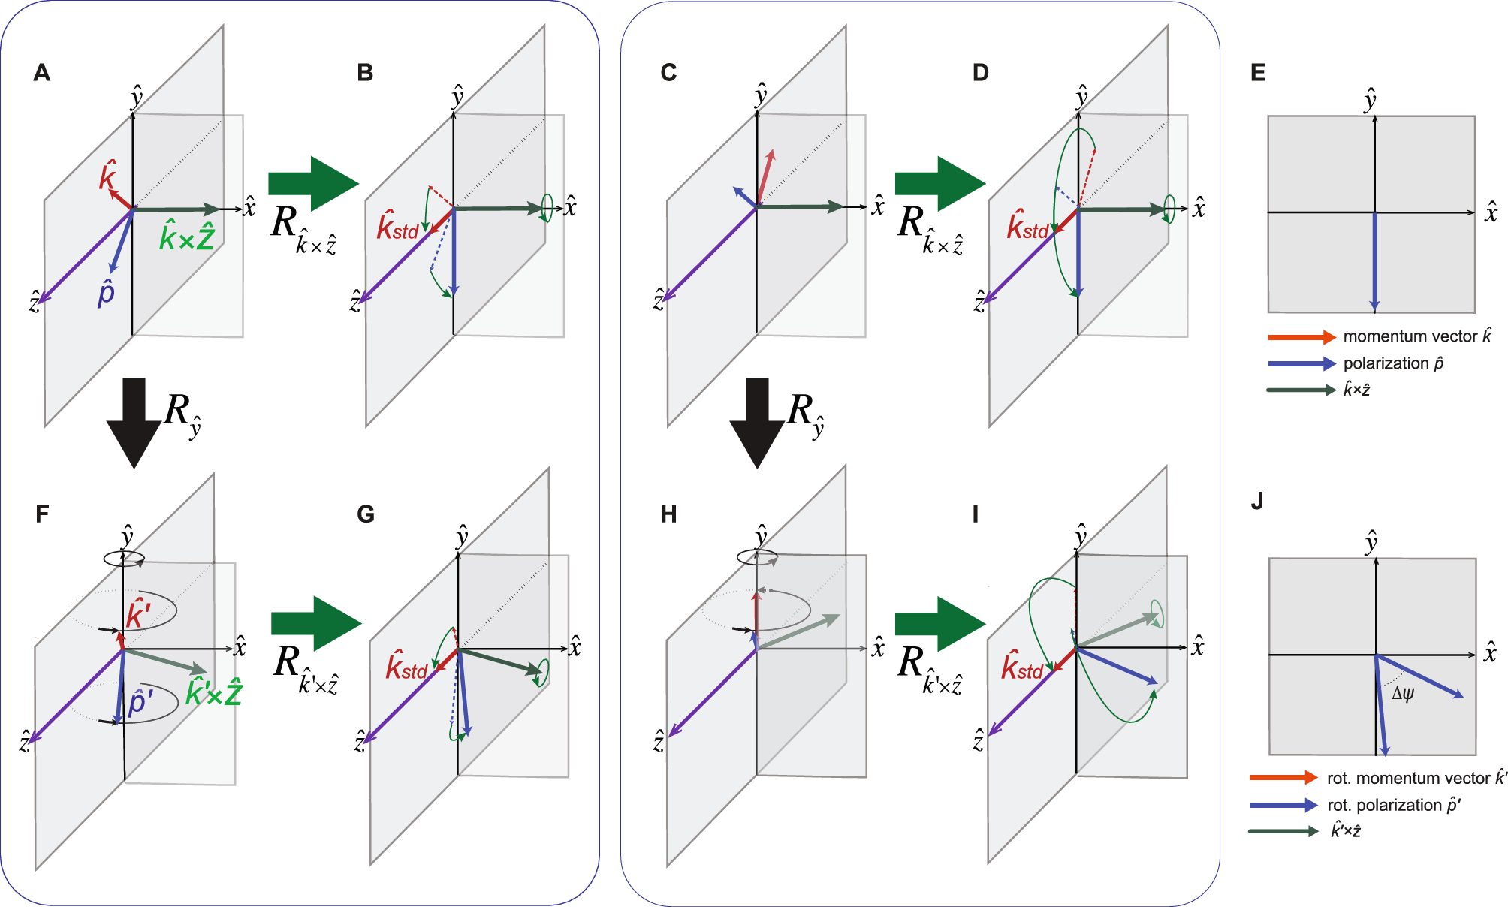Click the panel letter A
point(42,73)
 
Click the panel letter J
point(1257,501)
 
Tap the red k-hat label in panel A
point(108,175)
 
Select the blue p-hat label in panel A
point(106,292)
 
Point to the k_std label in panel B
point(397,226)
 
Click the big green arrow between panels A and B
point(313,183)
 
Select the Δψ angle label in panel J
point(1403,693)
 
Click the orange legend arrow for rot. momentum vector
point(1283,778)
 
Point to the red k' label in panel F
point(138,613)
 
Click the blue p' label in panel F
point(140,703)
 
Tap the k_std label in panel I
point(1022,667)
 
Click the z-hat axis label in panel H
point(659,742)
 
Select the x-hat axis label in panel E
point(1491,213)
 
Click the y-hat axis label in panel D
point(1081,97)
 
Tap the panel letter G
point(366,514)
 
